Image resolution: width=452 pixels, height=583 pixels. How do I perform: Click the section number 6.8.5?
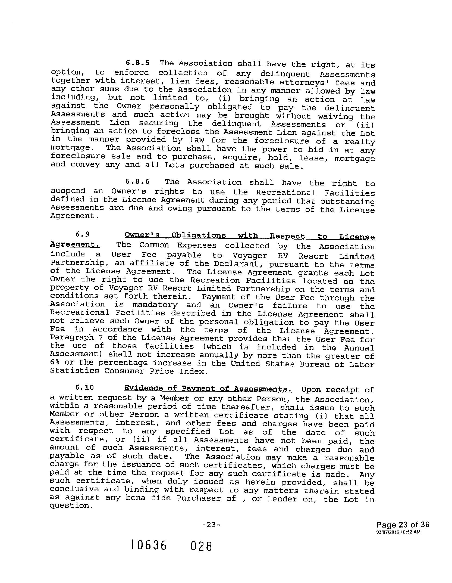pos(137,63)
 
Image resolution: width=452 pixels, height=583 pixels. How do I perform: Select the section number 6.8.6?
pos(137,181)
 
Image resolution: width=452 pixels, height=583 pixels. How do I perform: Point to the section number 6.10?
pos(85,387)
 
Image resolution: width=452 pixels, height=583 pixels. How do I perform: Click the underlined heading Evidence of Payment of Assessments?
pos(208,389)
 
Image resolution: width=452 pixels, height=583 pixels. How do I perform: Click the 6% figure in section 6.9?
pos(54,362)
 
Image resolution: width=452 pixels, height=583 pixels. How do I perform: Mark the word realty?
pos(360,142)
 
